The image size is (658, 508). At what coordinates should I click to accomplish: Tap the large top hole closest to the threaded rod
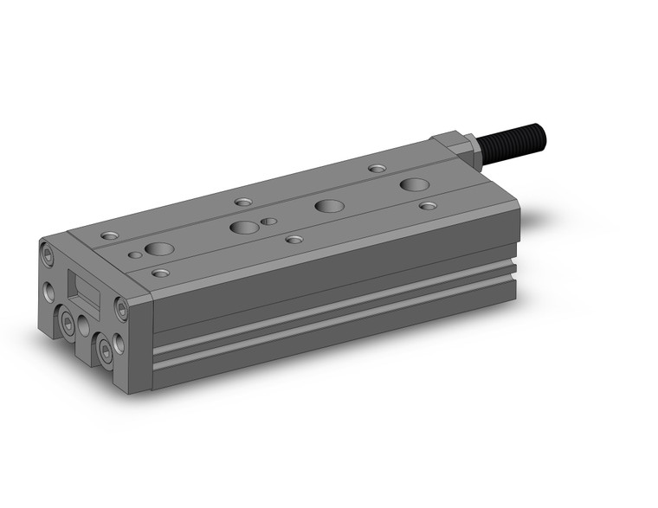[x=413, y=184]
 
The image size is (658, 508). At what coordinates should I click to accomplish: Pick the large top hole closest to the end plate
[x=158, y=249]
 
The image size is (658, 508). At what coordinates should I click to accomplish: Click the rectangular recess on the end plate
[x=86, y=292]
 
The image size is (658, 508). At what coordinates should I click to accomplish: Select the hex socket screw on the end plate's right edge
[x=120, y=307]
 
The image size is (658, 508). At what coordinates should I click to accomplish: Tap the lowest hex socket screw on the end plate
[x=106, y=350]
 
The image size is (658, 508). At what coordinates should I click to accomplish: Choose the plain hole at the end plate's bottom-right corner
[x=119, y=344]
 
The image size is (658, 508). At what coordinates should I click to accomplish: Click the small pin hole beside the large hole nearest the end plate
[x=135, y=256]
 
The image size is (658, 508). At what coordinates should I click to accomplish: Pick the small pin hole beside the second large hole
[x=270, y=222]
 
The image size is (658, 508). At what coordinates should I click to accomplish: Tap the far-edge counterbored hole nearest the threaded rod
[x=376, y=168]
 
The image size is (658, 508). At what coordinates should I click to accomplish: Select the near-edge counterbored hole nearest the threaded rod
[x=428, y=206]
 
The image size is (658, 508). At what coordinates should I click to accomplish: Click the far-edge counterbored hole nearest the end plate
[x=108, y=235]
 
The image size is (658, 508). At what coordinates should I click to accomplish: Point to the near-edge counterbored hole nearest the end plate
[x=160, y=273]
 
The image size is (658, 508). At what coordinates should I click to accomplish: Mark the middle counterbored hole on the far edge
[x=243, y=202]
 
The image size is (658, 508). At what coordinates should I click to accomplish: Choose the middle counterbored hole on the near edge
[x=294, y=239]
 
